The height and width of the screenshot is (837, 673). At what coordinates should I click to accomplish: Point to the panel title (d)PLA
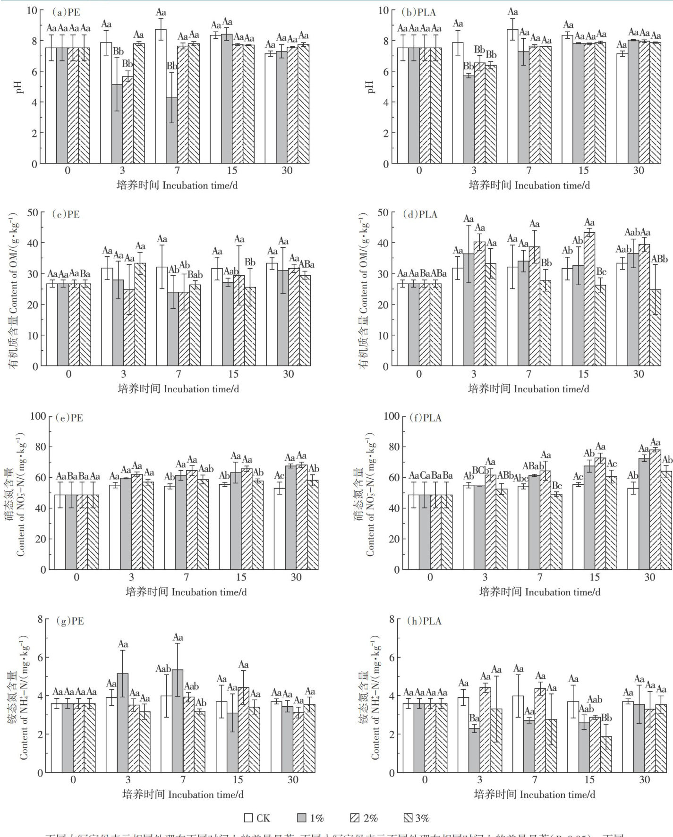(420, 214)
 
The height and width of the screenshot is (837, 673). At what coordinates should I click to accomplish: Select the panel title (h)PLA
(424, 621)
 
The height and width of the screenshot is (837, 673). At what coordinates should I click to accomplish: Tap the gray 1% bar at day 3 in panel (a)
(117, 124)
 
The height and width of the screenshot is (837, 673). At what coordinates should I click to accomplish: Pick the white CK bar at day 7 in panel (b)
(512, 97)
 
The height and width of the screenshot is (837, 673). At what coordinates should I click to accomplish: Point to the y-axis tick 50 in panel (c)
(33, 212)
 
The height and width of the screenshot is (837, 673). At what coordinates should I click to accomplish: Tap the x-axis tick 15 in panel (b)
(583, 170)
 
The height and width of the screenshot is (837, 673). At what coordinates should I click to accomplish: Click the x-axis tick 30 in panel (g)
(293, 780)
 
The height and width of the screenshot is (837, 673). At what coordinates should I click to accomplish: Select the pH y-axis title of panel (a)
(19, 87)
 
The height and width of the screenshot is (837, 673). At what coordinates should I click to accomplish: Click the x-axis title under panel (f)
(539, 592)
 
